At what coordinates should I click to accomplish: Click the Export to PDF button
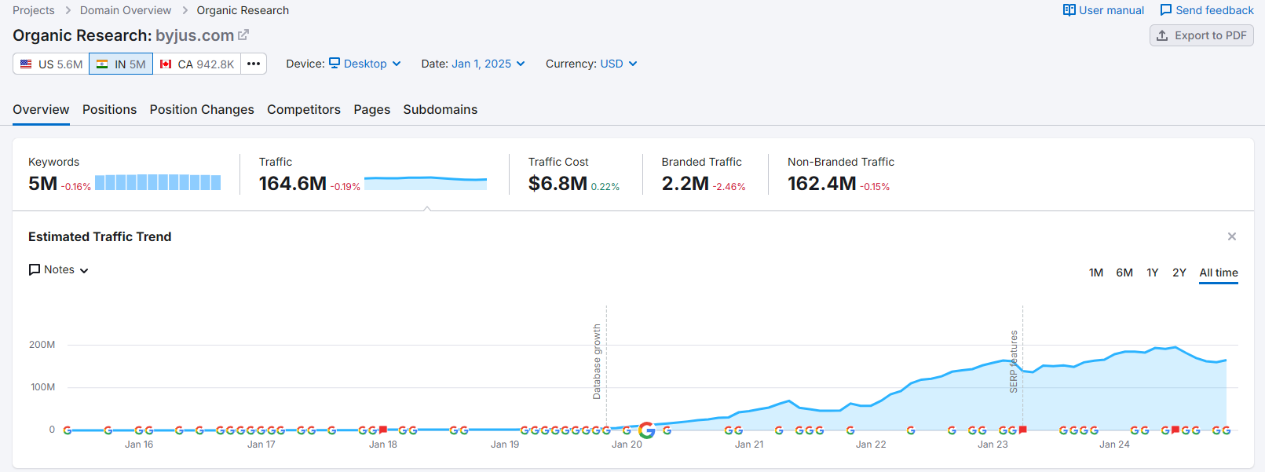(x=1201, y=35)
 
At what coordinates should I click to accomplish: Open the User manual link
(x=1103, y=10)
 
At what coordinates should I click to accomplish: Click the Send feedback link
(x=1207, y=10)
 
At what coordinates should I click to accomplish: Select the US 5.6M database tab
(x=51, y=64)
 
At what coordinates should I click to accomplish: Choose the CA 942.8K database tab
(x=197, y=64)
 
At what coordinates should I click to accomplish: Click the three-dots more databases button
(x=254, y=64)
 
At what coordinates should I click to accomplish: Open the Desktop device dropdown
(x=365, y=64)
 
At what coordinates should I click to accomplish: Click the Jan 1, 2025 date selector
(x=488, y=64)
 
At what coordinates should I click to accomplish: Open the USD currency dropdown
(x=618, y=64)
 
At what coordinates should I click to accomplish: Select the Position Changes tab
(x=202, y=110)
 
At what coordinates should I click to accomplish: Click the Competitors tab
(x=304, y=110)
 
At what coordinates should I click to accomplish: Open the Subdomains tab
(x=440, y=110)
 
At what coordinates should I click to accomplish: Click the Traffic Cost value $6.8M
(x=558, y=184)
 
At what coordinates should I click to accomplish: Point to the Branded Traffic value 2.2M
(x=685, y=184)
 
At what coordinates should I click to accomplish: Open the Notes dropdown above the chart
(x=59, y=270)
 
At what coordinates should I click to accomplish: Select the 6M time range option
(x=1124, y=273)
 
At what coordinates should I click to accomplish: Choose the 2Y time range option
(x=1179, y=273)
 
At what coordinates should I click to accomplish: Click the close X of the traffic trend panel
(x=1232, y=236)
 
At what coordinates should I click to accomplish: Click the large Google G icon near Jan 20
(x=647, y=430)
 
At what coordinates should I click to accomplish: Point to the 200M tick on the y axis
(x=42, y=345)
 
